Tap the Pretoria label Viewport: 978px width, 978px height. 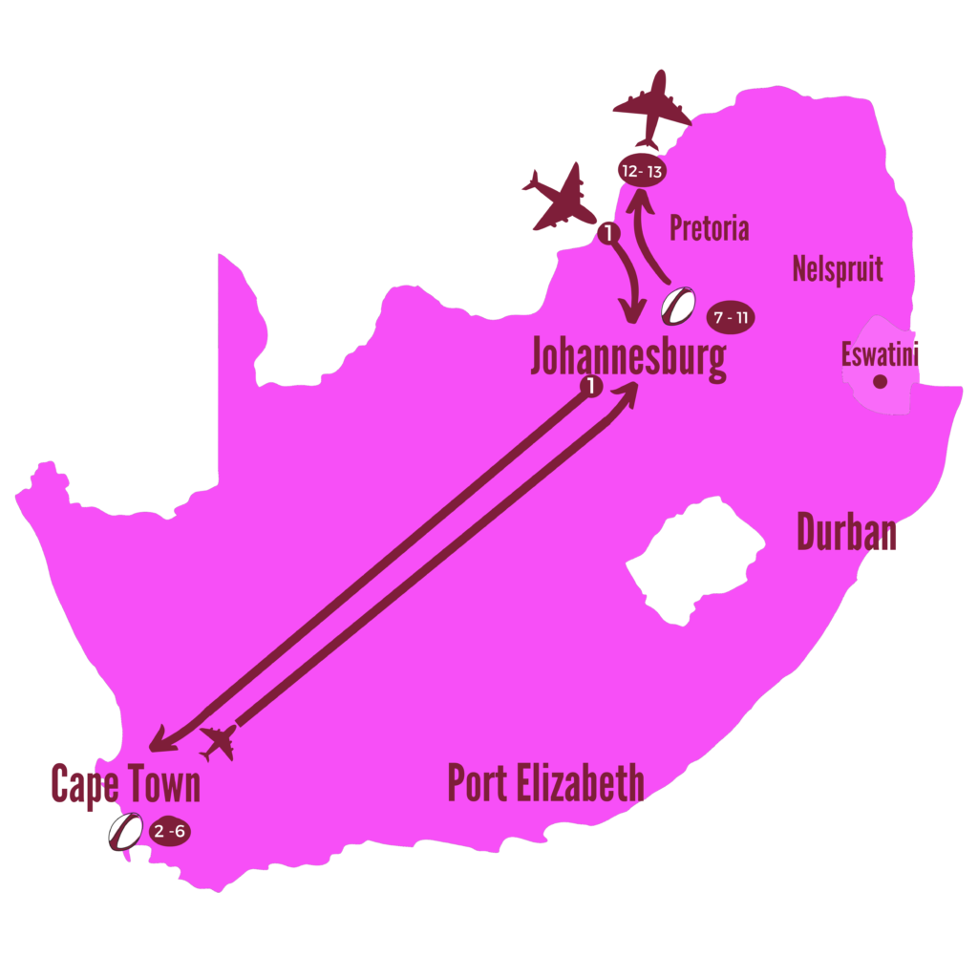click(x=709, y=228)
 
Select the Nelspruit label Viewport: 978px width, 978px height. click(x=838, y=269)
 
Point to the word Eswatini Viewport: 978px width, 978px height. click(x=880, y=355)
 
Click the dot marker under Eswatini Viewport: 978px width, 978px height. click(x=880, y=382)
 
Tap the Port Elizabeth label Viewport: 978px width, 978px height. click(x=545, y=784)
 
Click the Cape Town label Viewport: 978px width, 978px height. click(x=125, y=785)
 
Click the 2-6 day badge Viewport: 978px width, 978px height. click(x=170, y=832)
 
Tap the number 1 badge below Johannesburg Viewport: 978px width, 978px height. click(x=592, y=386)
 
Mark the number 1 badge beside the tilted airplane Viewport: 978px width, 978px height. click(x=607, y=232)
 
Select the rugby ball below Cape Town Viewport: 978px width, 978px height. click(x=125, y=831)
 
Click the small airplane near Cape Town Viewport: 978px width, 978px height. click(x=220, y=741)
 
